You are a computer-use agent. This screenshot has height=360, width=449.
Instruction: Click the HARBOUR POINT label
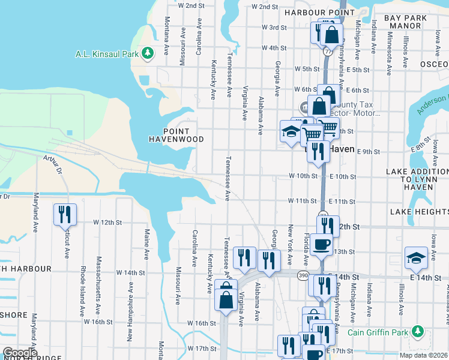click(x=311, y=13)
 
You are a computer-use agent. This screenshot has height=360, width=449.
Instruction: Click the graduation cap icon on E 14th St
click(x=416, y=257)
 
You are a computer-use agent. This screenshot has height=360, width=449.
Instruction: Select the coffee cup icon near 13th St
click(x=321, y=244)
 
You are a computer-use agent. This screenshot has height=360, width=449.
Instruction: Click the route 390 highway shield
click(x=304, y=274)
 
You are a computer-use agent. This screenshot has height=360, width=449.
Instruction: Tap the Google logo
click(x=19, y=353)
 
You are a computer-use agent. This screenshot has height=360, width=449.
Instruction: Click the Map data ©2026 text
click(x=423, y=355)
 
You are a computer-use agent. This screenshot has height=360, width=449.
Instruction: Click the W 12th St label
click(x=107, y=222)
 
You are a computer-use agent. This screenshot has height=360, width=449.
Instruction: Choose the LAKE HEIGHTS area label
click(x=418, y=212)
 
